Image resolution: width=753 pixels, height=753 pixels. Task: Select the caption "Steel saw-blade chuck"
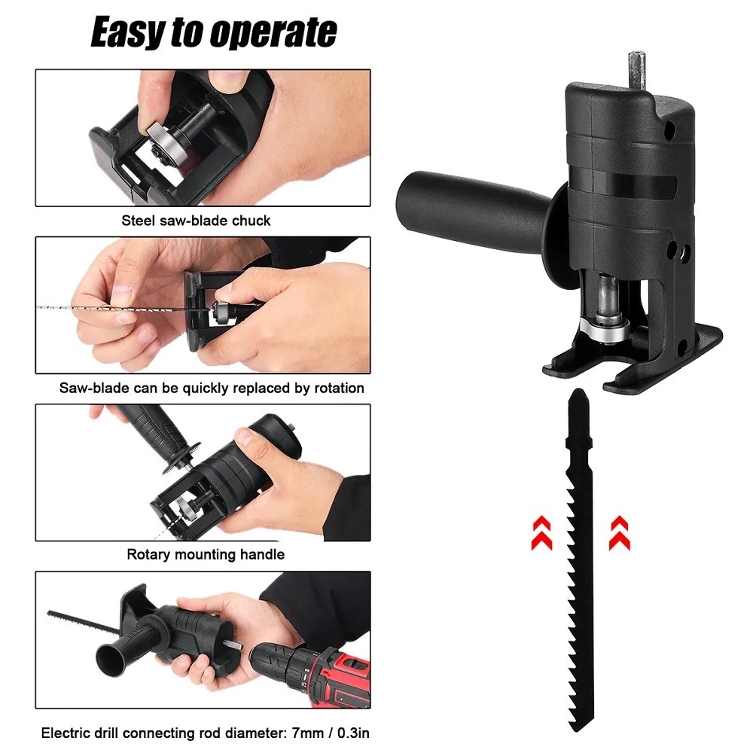[x=196, y=221]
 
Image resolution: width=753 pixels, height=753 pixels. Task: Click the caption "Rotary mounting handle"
[x=206, y=555]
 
